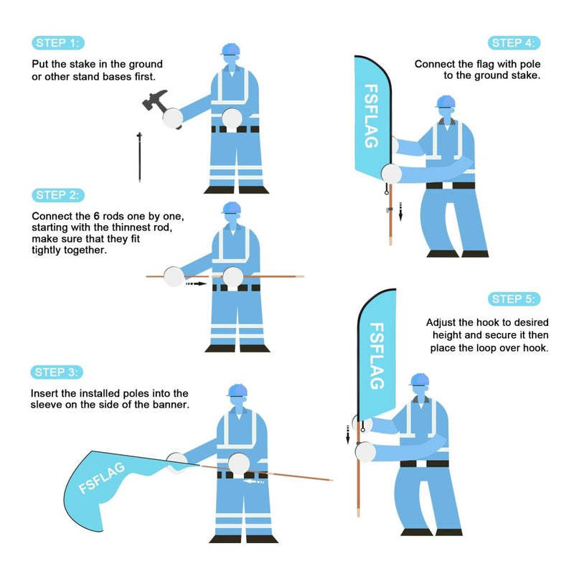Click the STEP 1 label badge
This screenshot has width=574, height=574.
click(58, 43)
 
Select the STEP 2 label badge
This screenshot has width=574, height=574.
click(58, 195)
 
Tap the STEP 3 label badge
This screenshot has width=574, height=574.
click(58, 372)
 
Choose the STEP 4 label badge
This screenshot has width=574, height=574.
click(515, 43)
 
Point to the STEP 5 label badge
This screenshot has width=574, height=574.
click(515, 299)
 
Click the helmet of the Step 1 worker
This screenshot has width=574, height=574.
click(231, 49)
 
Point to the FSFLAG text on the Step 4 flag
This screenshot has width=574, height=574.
click(371, 116)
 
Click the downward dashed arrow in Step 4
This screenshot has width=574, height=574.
click(401, 211)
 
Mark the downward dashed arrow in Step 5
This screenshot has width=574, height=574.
click(348, 433)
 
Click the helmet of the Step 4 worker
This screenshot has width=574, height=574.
click(445, 101)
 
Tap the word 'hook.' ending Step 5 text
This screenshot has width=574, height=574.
click(535, 348)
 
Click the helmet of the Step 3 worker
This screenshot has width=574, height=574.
click(237, 389)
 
